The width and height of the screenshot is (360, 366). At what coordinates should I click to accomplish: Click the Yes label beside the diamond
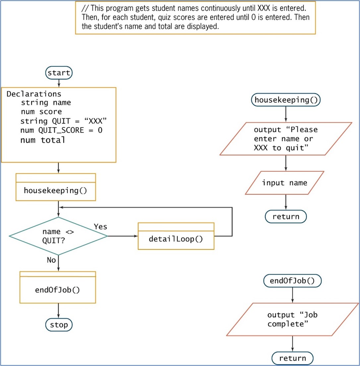tap(100, 226)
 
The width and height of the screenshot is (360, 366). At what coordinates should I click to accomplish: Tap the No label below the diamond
tap(51, 260)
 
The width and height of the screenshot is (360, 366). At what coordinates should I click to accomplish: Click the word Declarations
tap(34, 94)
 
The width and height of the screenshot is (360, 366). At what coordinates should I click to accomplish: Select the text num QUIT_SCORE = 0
tap(61, 130)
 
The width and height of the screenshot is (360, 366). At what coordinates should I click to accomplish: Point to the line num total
tap(42, 140)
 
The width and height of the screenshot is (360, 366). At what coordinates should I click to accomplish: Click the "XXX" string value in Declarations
tap(95, 121)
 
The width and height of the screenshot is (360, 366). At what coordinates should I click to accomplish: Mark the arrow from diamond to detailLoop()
tap(123, 236)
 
